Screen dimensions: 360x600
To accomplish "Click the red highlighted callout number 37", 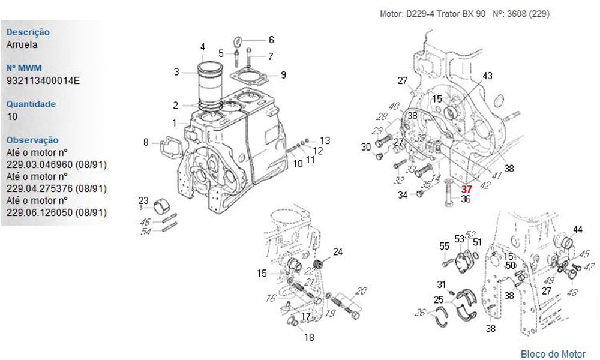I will click(x=466, y=189).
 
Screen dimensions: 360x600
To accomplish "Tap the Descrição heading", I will click(x=28, y=32).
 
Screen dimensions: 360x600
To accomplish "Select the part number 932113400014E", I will click(x=43, y=80).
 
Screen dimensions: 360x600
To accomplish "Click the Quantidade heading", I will click(x=31, y=104).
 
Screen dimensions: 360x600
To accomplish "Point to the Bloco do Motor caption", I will click(x=553, y=354).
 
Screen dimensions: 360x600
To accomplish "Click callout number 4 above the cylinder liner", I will click(x=203, y=47).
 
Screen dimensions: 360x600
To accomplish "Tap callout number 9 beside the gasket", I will click(x=283, y=75).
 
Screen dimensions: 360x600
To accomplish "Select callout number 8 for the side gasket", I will click(x=146, y=142).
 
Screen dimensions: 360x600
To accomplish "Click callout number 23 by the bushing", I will click(x=143, y=200).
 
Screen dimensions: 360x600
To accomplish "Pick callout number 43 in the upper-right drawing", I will click(x=487, y=76).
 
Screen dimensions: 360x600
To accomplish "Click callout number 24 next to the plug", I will click(x=338, y=252).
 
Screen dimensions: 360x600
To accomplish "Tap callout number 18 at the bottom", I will click(x=308, y=337).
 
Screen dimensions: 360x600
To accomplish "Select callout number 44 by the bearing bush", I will click(x=578, y=230).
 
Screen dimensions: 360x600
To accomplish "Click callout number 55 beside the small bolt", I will click(x=444, y=246).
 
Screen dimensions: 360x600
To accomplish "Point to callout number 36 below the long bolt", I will click(x=466, y=200).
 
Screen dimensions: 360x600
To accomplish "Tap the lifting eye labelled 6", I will click(x=239, y=42).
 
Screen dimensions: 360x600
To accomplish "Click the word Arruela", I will click(x=22, y=44).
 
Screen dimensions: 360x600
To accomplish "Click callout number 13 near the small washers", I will click(x=325, y=140).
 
